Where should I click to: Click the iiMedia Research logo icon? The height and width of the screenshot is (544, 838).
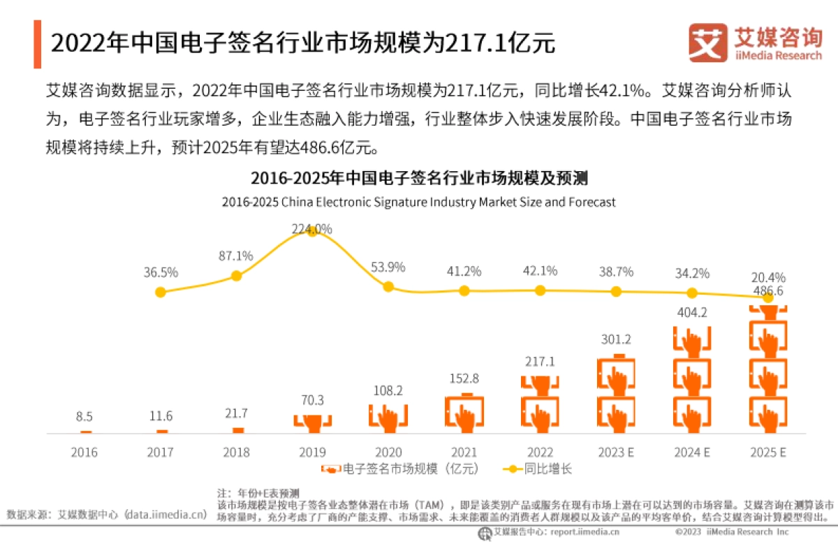coord(707,42)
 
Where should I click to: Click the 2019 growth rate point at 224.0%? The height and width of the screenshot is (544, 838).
coord(312,231)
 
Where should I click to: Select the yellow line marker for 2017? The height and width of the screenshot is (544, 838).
coord(160,292)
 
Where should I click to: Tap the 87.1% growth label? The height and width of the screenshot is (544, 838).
coord(235,256)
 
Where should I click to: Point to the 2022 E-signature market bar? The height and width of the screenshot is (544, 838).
coord(540,404)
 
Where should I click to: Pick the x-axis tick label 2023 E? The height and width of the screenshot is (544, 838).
coord(616,453)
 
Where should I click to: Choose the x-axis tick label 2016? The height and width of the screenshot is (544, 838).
coord(84,453)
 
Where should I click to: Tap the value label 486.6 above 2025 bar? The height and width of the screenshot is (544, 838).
coord(767,291)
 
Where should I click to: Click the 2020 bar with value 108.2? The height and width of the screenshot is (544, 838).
coord(388,418)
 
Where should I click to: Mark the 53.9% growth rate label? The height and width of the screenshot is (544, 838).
coord(388,267)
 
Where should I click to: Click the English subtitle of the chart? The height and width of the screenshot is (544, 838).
coord(419,203)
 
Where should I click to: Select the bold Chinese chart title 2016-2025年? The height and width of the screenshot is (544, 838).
coord(419,179)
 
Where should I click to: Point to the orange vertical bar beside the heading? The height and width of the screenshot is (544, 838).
coord(37,44)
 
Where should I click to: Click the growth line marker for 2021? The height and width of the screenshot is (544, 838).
coord(464,291)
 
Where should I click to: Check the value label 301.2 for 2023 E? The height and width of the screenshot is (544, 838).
coord(616,340)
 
